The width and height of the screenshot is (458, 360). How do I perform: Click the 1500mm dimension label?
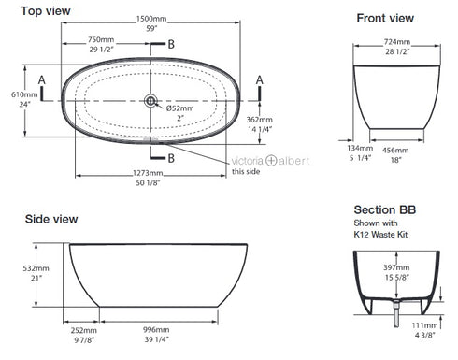click(151, 19)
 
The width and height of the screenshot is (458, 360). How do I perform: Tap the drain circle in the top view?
click(150, 101)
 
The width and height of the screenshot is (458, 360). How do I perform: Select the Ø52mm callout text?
click(179, 108)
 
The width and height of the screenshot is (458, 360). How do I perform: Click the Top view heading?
click(46, 11)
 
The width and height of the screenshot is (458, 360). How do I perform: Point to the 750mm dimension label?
click(101, 39)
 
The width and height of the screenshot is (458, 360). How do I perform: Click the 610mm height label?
click(24, 94)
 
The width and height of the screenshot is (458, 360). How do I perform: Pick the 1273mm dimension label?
click(148, 173)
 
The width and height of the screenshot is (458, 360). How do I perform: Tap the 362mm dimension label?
click(259, 120)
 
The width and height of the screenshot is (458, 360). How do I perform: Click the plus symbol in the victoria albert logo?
click(271, 161)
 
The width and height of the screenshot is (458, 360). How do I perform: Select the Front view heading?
click(385, 18)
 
